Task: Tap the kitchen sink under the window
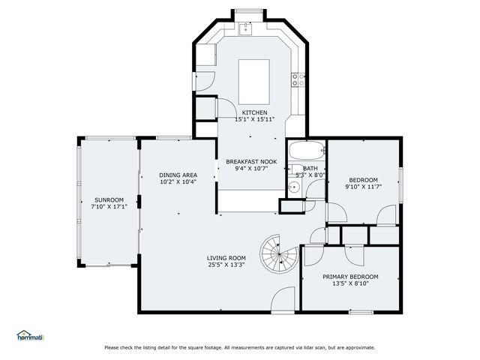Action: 246,28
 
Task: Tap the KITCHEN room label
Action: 254,112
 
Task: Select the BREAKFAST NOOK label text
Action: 251,161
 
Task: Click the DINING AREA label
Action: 178,175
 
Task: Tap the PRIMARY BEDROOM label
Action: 350,277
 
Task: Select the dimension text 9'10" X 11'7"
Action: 363,187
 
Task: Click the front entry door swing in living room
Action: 283,300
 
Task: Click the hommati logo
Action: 31,336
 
